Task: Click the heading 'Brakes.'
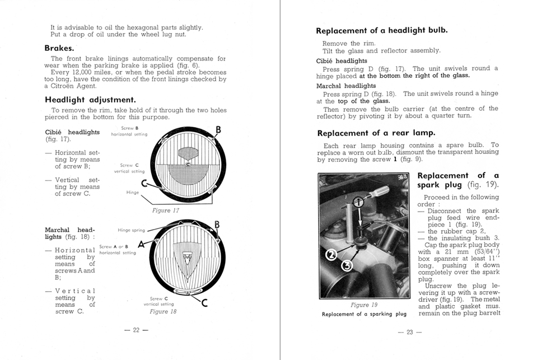coord(59,48)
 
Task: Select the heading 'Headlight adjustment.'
coord(90,100)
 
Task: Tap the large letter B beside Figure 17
coord(218,131)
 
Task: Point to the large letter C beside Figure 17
coord(144,183)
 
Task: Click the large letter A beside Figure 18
coord(141,243)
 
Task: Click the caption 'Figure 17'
coord(165,211)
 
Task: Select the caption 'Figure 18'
coord(163,311)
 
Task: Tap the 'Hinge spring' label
coord(132,230)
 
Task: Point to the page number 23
coord(409,332)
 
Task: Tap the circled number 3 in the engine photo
coord(347,265)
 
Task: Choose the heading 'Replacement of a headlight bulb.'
coord(381,31)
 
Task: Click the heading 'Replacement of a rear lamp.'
coord(376,133)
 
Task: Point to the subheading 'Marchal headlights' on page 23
coord(346,86)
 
